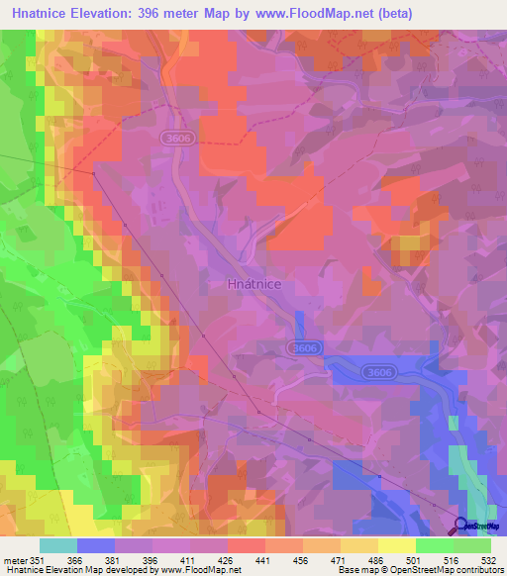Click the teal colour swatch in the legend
tap(58, 545)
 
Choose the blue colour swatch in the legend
tap(96, 545)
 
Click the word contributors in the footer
tap(476, 569)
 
